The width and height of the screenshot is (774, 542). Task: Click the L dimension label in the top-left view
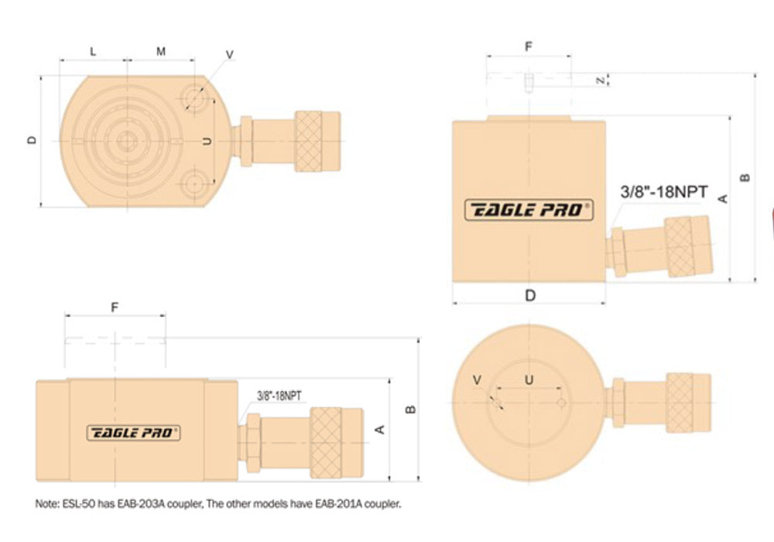click(93, 52)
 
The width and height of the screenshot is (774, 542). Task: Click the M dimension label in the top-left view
click(161, 52)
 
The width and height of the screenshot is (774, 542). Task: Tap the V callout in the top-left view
click(230, 54)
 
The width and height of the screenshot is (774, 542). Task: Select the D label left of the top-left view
click(32, 140)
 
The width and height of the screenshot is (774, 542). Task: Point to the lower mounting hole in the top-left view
click(193, 184)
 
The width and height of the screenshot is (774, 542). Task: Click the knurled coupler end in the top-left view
click(317, 141)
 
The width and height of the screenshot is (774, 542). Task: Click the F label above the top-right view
click(529, 46)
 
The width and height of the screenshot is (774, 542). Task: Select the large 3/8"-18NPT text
click(664, 191)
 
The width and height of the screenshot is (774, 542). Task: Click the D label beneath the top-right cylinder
click(530, 295)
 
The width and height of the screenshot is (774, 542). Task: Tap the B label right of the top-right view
click(745, 177)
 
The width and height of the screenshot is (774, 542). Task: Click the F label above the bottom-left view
click(115, 307)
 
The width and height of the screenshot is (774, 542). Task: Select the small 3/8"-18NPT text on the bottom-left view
click(279, 395)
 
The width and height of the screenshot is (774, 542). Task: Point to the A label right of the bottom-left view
click(379, 429)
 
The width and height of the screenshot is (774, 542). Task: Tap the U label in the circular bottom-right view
click(529, 379)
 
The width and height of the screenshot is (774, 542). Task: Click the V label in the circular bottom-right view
click(477, 379)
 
